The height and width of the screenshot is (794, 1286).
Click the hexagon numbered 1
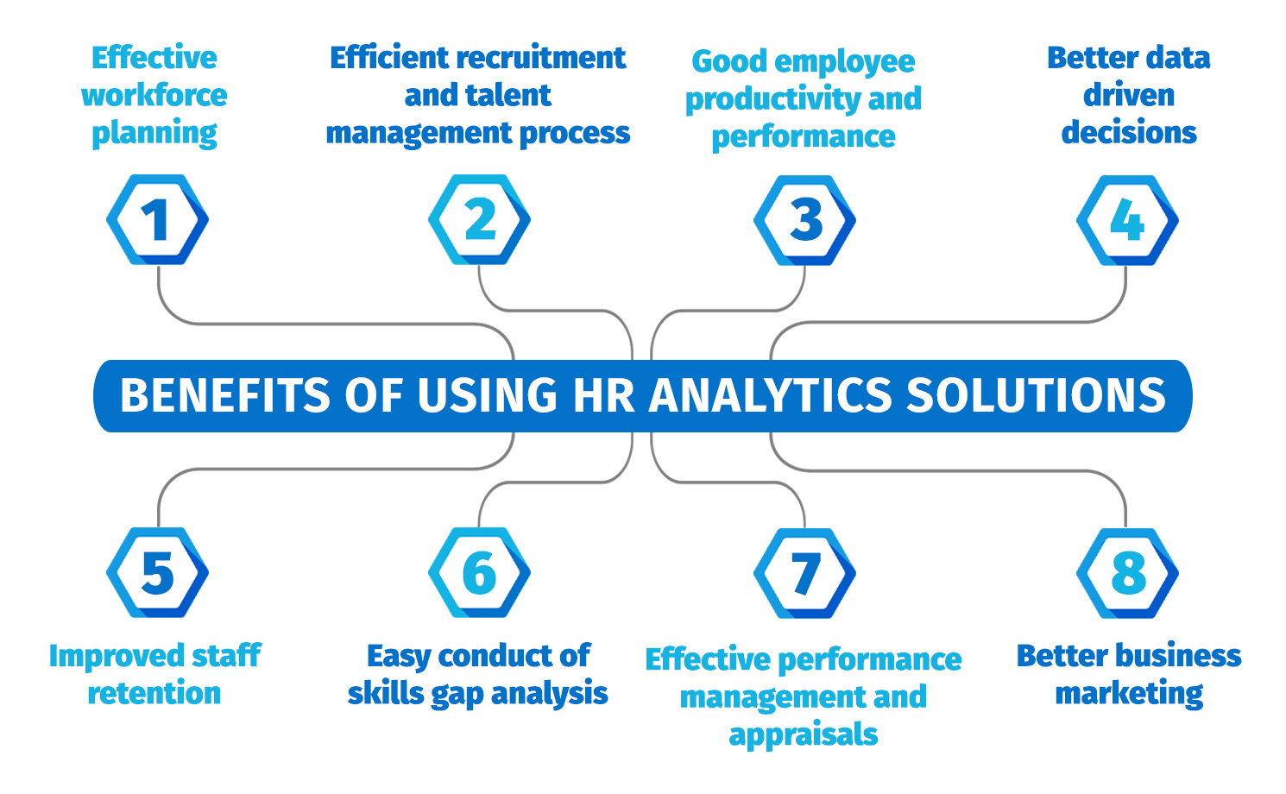pyautogui.click(x=157, y=220)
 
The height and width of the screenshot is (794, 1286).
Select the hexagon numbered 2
pyautogui.click(x=480, y=220)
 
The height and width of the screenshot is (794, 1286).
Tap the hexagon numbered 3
pyautogui.click(x=805, y=220)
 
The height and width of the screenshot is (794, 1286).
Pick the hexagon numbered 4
pyautogui.click(x=1127, y=220)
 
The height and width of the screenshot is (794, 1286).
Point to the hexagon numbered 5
pyautogui.click(x=157, y=573)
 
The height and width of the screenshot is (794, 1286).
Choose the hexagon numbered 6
pyautogui.click(x=480, y=573)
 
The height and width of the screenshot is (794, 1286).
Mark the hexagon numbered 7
pyautogui.click(x=805, y=573)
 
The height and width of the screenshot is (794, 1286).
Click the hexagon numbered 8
pyautogui.click(x=1127, y=573)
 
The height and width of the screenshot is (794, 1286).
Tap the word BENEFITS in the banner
pyautogui.click(x=225, y=396)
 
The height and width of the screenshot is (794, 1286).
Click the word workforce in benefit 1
pyautogui.click(x=154, y=95)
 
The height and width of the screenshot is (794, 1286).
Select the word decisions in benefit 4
pyautogui.click(x=1128, y=132)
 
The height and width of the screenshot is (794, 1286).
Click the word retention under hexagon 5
pyautogui.click(x=154, y=693)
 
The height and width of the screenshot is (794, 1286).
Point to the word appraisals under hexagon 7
pyautogui.click(x=804, y=734)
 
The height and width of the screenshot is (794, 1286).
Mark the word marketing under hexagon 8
pyautogui.click(x=1129, y=693)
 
